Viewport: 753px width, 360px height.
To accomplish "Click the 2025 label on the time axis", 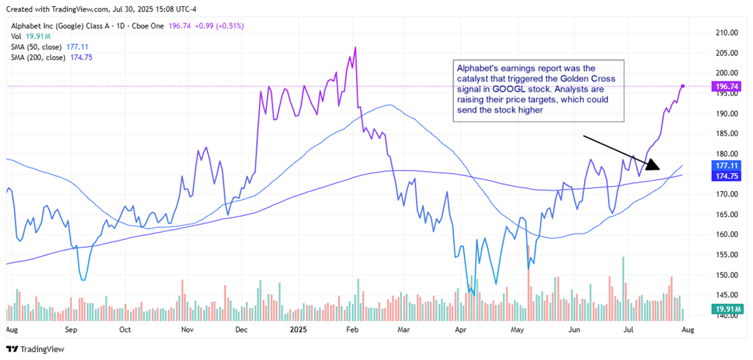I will (298, 329).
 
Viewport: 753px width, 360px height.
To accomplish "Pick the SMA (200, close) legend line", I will (51, 57).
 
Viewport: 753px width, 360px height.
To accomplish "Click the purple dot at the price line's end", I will (683, 86).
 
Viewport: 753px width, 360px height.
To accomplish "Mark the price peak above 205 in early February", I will (355, 47).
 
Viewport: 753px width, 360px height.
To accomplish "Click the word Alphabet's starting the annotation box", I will (476, 69).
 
